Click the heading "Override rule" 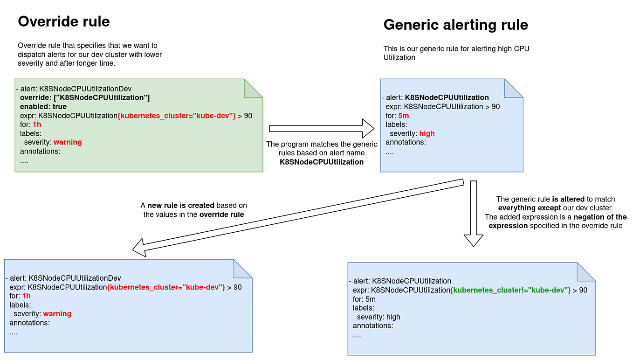63,21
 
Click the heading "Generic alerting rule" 455,25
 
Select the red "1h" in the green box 37,125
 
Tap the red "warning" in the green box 68,142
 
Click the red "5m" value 403,115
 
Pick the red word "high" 427,133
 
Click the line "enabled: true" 43,107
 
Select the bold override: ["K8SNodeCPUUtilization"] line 84,97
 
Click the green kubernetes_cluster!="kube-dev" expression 510,290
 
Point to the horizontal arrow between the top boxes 322,129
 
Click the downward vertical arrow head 473,239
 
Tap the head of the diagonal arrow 141,247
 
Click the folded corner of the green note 254,88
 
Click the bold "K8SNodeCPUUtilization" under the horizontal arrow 321,162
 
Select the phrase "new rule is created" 181,205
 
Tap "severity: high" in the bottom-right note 378,317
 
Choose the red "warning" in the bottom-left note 57,314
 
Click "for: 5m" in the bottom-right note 364,299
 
